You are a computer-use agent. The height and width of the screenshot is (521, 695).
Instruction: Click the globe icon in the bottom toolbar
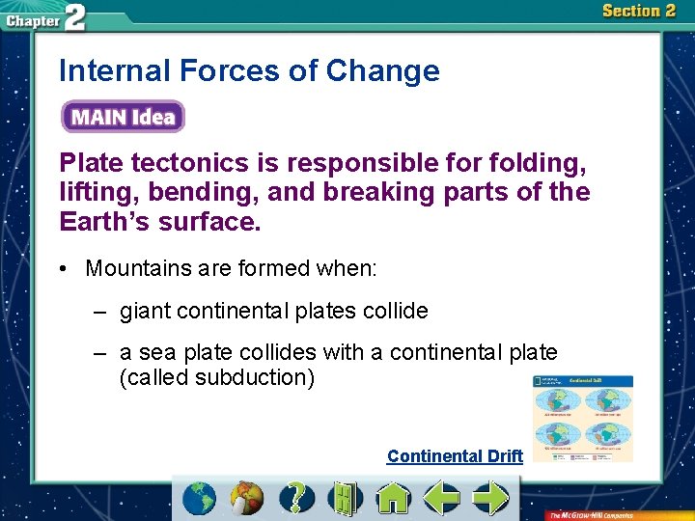tap(200, 498)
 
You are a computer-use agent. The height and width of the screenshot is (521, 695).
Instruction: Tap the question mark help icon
tap(296, 498)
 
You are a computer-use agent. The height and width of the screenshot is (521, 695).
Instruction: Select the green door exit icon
tap(343, 498)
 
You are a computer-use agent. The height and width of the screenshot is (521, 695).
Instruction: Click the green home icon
tap(393, 498)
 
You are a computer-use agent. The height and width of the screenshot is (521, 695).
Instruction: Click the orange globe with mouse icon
tap(248, 498)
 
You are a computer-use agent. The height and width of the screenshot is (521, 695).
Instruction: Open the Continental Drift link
tap(455, 456)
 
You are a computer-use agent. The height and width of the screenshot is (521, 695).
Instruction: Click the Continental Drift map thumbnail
tap(583, 418)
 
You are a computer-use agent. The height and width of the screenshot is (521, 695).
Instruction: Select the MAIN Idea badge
tap(123, 118)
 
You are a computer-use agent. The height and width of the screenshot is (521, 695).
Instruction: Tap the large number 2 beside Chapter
tap(74, 17)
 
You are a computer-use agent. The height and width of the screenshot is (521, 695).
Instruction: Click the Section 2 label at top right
tap(638, 12)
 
